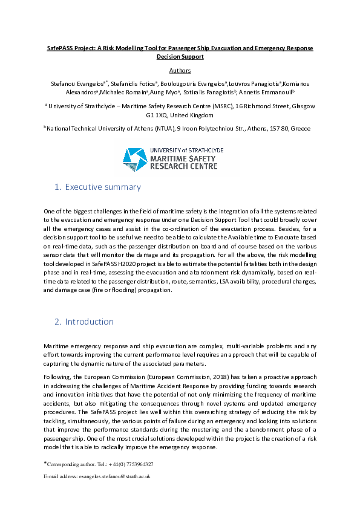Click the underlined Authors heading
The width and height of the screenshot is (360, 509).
coord(180,70)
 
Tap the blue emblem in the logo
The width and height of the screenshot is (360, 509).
coord(136,158)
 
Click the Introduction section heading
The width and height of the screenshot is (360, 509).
coord(89,322)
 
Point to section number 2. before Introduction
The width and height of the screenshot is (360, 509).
coord(58,322)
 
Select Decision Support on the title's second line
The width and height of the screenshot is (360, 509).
coord(180,56)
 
